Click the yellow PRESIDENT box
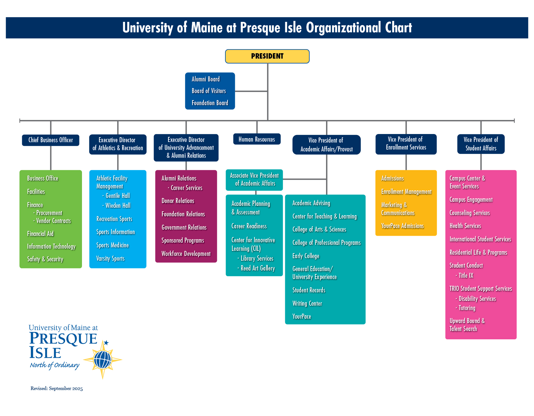[x=267, y=56]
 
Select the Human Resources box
[x=257, y=139]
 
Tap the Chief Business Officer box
[x=51, y=140]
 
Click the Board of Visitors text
[x=209, y=91]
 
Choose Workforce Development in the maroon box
[x=186, y=254]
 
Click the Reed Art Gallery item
[x=257, y=268]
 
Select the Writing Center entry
[x=307, y=304]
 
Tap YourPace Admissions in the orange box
[x=402, y=226]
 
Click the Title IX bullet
[x=466, y=276]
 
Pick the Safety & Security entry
[x=45, y=259]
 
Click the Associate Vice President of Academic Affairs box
[x=254, y=180]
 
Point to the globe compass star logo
[x=103, y=360]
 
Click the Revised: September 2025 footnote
[x=57, y=388]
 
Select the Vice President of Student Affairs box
[x=481, y=144]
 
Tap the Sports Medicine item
[x=112, y=245]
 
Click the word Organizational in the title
[x=343, y=28]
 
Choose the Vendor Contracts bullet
[x=53, y=221]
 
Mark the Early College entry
[x=306, y=256]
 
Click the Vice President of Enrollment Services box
[x=406, y=144]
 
